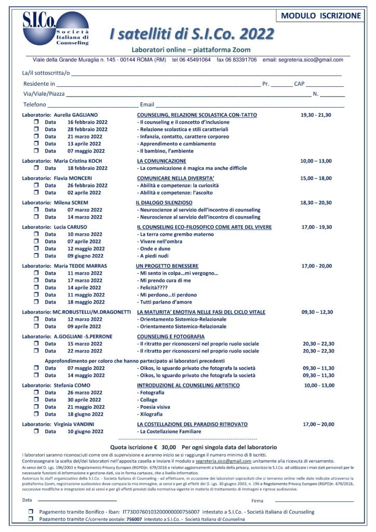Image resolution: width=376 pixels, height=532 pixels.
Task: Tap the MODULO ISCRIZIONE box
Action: click(320, 16)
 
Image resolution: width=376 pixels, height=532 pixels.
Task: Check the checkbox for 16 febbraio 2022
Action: click(36, 122)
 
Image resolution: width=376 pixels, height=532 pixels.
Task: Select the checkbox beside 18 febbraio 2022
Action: click(36, 168)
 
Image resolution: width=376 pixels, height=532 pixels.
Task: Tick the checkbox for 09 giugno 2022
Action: click(36, 256)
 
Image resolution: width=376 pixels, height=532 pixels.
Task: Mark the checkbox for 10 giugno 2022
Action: click(36, 432)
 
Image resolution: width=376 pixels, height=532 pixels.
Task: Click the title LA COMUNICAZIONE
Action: click(161, 161)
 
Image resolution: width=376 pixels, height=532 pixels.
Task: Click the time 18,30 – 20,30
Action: click(316, 203)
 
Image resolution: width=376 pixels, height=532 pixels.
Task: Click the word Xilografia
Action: click(151, 414)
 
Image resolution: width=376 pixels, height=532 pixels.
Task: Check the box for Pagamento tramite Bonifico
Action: click(31, 512)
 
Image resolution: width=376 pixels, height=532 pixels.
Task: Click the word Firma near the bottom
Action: click(257, 501)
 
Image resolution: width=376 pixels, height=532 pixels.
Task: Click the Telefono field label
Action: click(35, 104)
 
